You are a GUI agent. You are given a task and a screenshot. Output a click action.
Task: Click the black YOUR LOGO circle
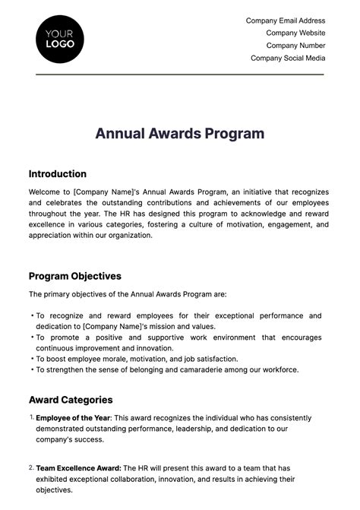[x=60, y=39]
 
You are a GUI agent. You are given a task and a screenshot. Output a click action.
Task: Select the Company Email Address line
[x=286, y=21]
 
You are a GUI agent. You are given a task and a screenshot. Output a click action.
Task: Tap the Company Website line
[x=295, y=33]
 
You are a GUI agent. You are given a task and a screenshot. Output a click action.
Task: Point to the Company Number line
[x=295, y=46]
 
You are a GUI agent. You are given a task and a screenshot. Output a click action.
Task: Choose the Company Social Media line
[x=288, y=58]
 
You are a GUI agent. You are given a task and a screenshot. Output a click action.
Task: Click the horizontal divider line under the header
[x=180, y=74]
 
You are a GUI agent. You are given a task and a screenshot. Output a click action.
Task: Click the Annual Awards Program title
[x=180, y=134]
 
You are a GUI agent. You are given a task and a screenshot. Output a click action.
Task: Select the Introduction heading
[x=58, y=174]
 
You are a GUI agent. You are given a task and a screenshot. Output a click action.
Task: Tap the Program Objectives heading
[x=75, y=276]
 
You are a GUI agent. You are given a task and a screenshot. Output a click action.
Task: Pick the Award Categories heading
[x=71, y=400]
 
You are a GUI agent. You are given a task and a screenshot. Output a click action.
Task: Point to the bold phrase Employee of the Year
[x=73, y=418]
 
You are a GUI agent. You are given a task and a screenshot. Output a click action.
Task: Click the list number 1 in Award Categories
[x=31, y=417]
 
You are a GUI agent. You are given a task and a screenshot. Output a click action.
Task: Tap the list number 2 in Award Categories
[x=31, y=467]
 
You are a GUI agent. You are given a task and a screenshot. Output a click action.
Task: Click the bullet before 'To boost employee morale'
[x=32, y=359]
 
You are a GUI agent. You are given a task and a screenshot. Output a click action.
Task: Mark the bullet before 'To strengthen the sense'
[x=32, y=369]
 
